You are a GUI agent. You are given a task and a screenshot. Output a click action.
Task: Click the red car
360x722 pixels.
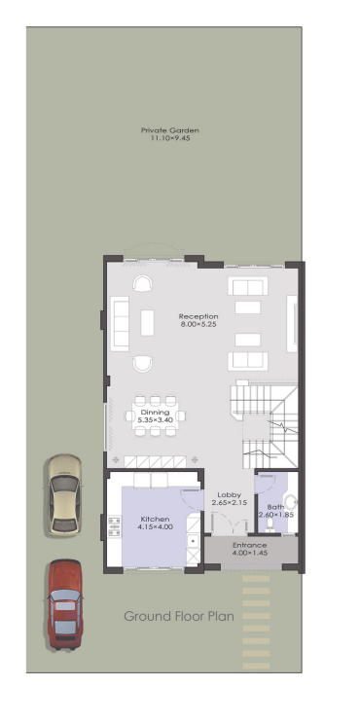pos(64,604)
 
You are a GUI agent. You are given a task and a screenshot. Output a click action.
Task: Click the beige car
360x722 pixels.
pos(64,495)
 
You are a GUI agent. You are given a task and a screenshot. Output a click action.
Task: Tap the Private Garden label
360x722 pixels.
pos(170,130)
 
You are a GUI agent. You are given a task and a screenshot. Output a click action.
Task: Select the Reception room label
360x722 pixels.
pos(198,316)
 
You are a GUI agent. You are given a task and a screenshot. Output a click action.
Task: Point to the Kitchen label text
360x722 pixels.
pos(155,519)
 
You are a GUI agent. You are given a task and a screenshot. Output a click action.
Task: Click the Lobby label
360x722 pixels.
pos(230,495)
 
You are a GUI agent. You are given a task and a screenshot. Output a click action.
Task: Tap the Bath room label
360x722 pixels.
pos(275,507)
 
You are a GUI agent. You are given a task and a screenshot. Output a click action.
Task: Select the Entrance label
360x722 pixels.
pos(249,545)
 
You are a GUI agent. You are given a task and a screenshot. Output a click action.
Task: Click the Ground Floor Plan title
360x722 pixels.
pos(179,616)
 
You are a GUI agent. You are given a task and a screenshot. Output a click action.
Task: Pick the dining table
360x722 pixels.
pos(155,415)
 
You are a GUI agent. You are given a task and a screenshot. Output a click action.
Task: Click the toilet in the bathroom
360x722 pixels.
pos(270,525)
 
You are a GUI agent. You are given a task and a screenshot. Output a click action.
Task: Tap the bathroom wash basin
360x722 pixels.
pos(291,501)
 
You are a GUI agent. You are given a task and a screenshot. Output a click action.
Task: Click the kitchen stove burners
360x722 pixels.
pos(114,527)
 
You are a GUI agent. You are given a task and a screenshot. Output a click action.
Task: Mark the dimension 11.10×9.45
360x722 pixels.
pos(170,138)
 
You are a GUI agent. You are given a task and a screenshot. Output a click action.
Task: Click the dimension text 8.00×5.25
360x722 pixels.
pos(198,324)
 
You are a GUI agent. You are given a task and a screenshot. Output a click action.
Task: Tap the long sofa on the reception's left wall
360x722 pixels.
pos(120,324)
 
